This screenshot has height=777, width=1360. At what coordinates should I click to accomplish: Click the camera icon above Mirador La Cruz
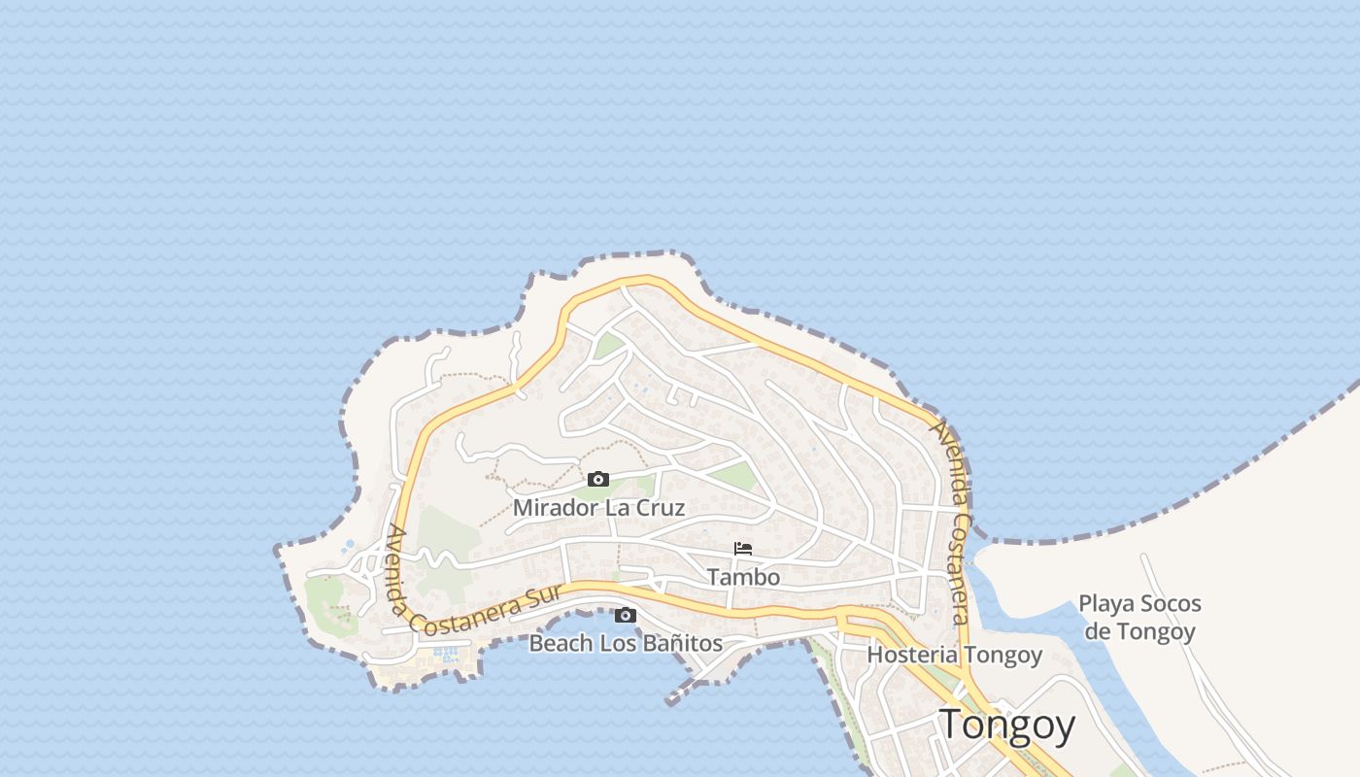[598, 479]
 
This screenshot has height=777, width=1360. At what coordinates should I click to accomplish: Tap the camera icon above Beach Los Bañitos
[626, 615]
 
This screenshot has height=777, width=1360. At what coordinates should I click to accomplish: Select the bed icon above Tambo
[743, 549]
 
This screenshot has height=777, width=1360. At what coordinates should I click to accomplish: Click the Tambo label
[743, 577]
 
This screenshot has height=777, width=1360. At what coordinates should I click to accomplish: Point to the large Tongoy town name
[1006, 726]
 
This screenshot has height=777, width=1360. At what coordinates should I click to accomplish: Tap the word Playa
[1105, 604]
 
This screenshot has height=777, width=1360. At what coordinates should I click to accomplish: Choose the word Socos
[1170, 604]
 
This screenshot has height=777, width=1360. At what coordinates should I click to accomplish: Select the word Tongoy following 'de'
[1156, 631]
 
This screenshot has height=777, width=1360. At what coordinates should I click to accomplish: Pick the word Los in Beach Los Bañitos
[617, 643]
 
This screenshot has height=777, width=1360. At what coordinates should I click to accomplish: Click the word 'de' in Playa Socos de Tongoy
[1098, 631]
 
